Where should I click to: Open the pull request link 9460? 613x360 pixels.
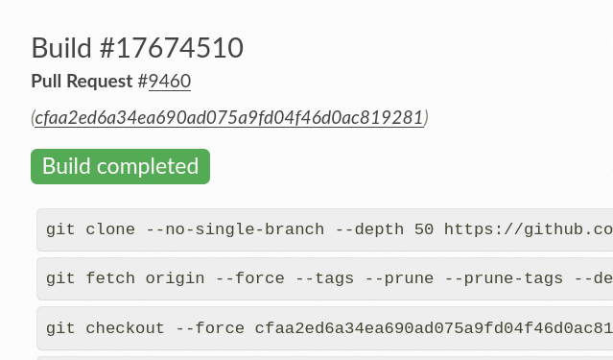point(170,82)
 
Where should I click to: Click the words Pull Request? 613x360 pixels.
point(83,82)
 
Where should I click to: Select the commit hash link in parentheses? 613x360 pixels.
point(229,117)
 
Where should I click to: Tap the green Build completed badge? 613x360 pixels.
point(120,166)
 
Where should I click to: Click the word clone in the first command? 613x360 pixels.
point(110,230)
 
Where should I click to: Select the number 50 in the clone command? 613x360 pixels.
point(423,230)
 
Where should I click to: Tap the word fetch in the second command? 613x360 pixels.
point(110,278)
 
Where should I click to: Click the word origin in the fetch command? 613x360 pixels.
point(175,278)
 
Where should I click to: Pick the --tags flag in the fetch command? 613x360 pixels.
point(334,278)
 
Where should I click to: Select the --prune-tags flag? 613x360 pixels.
point(512,278)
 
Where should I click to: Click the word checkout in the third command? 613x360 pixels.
point(125,328)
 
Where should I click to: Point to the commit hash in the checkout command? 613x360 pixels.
point(432,328)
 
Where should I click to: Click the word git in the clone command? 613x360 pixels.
point(60,230)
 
